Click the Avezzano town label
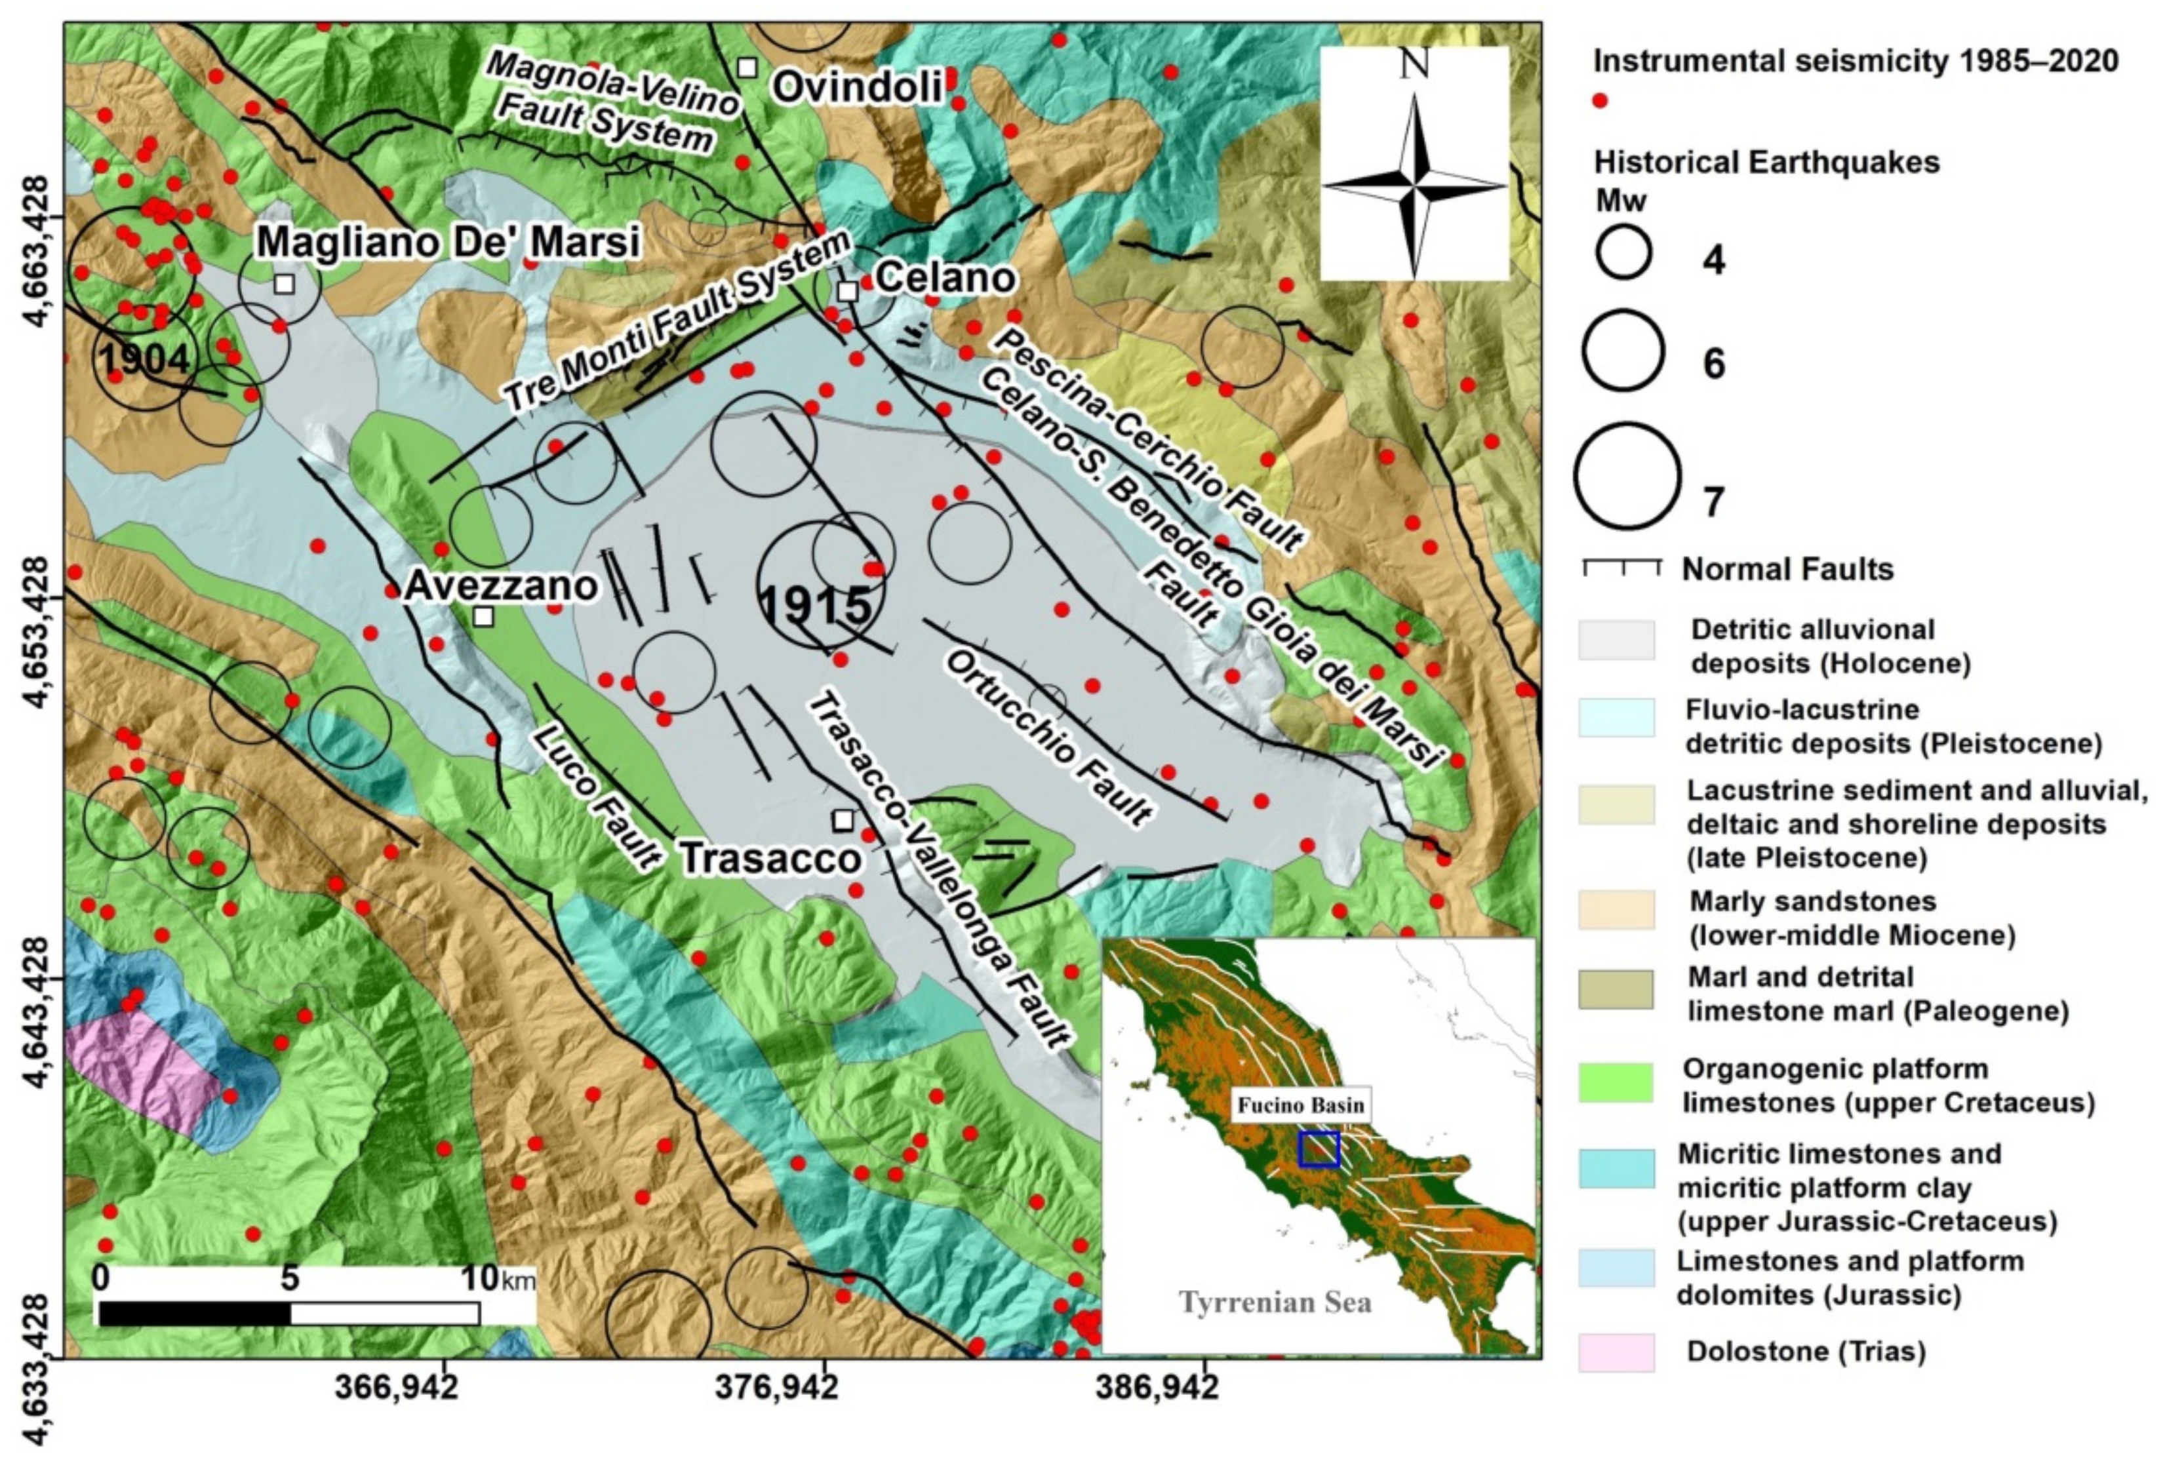coord(501,587)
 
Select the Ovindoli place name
coord(858,88)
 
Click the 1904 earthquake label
coord(144,360)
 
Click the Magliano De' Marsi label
coord(447,242)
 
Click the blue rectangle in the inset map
coord(1318,1150)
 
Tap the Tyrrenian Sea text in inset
coord(1275,1301)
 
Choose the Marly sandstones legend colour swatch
coord(1616,909)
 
